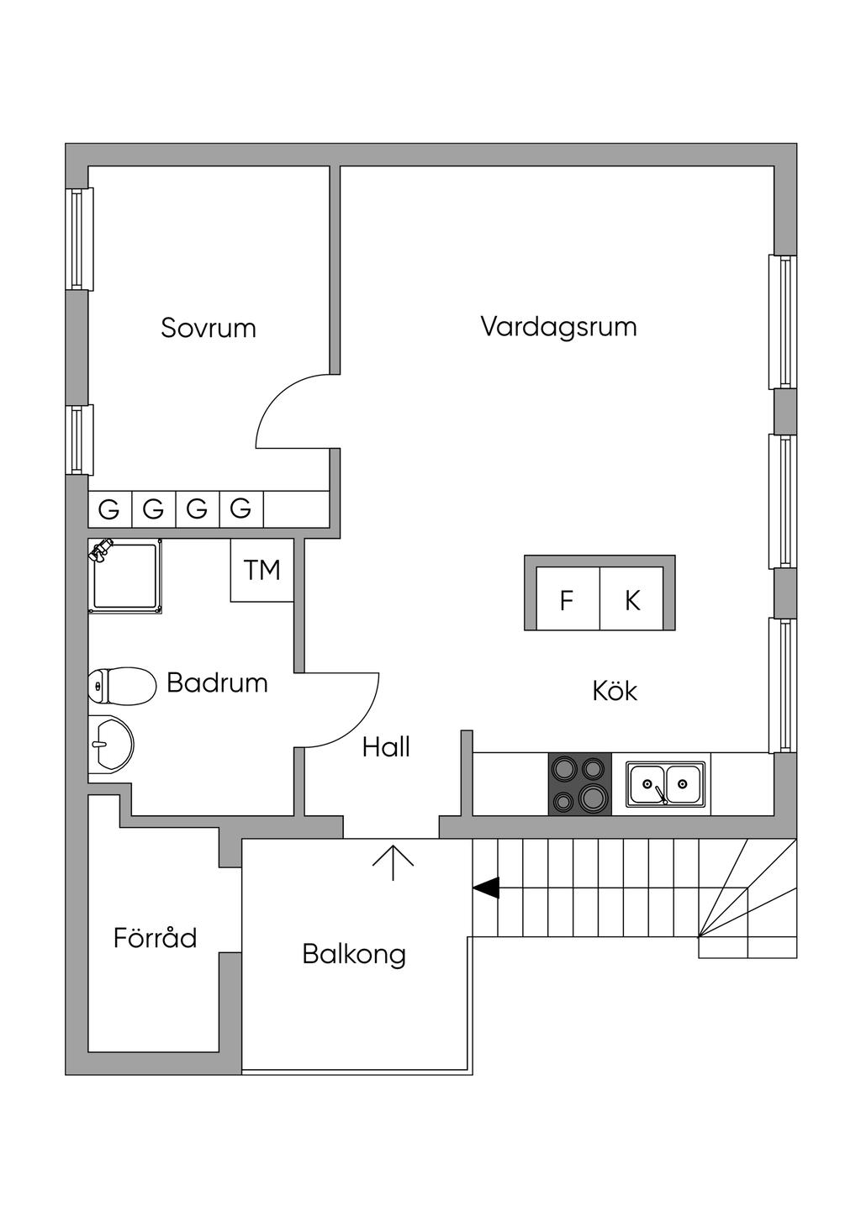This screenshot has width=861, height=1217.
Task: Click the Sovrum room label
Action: [209, 328]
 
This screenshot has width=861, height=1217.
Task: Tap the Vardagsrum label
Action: [558, 327]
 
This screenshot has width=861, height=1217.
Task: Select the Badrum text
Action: [217, 682]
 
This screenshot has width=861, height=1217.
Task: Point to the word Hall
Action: [386, 747]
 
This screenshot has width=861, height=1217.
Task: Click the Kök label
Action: [615, 691]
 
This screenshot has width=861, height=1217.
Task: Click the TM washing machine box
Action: [262, 570]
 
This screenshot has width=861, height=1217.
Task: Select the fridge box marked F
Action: [568, 598]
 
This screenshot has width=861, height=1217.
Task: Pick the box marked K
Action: [631, 598]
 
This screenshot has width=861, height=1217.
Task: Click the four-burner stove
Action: [580, 784]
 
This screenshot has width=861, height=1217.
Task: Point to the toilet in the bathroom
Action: [122, 686]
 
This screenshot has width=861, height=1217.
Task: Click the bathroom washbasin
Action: [111, 744]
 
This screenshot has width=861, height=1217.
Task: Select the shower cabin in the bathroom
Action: [125, 577]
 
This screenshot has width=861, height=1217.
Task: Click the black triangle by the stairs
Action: [487, 888]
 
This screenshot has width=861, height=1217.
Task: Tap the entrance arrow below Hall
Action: [393, 863]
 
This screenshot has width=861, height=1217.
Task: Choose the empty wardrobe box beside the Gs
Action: [296, 509]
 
